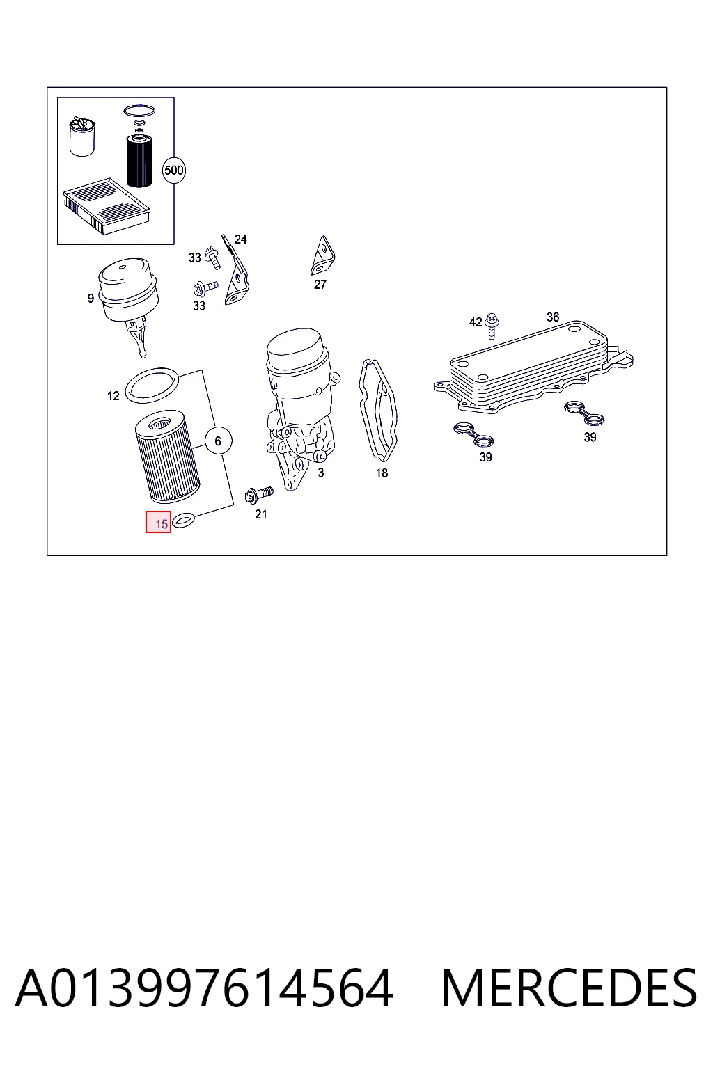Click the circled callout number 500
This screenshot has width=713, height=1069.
click(173, 171)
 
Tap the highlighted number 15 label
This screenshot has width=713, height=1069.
click(159, 522)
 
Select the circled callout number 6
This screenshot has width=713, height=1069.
click(218, 441)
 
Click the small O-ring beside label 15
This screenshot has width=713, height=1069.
click(183, 519)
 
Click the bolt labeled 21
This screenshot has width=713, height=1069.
click(258, 495)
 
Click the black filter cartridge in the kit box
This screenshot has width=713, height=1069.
click(138, 161)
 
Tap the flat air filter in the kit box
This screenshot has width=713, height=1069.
click(106, 206)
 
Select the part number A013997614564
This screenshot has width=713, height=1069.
click(205, 988)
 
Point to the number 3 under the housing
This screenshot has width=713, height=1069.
click(321, 473)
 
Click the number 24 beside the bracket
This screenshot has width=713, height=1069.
click(241, 239)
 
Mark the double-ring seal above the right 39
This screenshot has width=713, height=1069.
click(583, 413)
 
